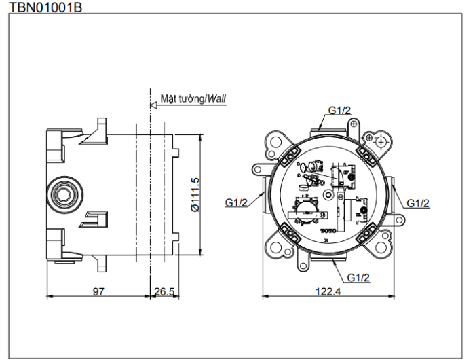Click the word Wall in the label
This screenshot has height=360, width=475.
[x=217, y=98]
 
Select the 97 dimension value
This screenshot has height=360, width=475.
[x=98, y=292]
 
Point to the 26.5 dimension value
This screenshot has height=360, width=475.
[x=164, y=292]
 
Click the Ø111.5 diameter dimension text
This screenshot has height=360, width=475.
[x=195, y=197]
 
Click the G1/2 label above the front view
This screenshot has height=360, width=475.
[x=339, y=109]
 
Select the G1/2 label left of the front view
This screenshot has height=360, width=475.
[x=237, y=202]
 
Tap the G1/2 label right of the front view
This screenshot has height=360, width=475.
[x=418, y=202]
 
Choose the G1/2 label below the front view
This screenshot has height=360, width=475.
[x=358, y=277]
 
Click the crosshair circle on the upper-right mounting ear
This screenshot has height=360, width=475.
[x=381, y=141]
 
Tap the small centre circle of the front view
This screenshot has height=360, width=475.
[x=328, y=195]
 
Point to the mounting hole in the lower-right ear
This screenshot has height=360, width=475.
[x=382, y=249]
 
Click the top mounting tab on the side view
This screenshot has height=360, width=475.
[x=100, y=128]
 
